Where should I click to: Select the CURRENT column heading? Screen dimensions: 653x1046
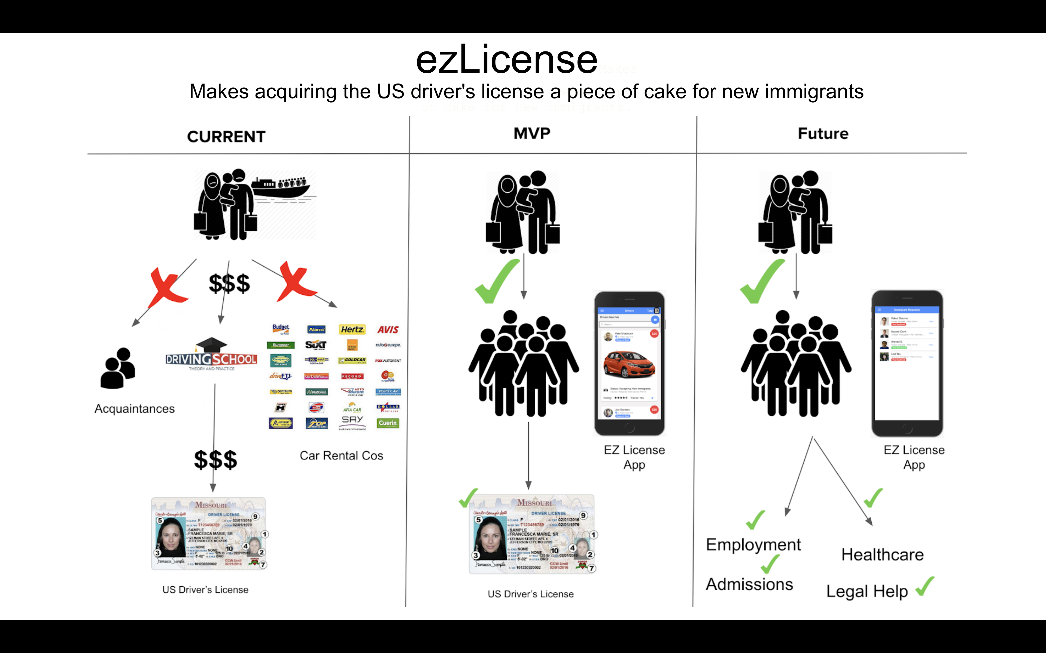[226, 137]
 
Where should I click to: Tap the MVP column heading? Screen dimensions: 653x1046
[532, 133]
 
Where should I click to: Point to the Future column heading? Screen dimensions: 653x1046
[823, 133]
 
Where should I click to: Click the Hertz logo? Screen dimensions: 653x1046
[352, 329]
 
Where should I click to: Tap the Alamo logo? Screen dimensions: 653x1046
[317, 329]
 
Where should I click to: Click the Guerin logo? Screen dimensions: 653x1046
[388, 423]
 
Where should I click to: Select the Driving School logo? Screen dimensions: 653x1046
[211, 355]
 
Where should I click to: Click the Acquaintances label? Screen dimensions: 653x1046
[134, 409]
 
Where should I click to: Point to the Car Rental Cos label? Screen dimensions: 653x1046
[342, 456]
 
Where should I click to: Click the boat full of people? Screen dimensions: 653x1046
[281, 188]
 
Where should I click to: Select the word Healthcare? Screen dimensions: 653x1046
[882, 555]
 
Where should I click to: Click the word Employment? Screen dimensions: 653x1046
[753, 545]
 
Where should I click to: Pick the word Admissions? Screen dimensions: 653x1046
[749, 584]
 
